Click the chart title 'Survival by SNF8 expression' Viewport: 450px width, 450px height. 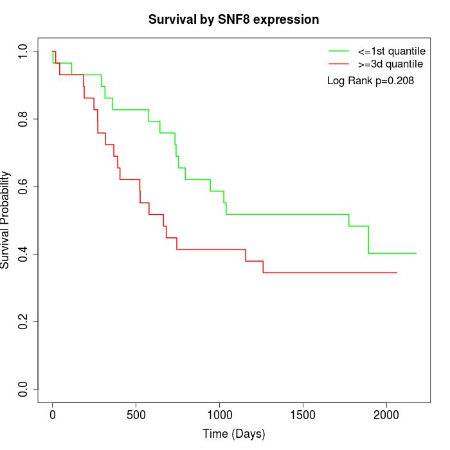tap(233, 19)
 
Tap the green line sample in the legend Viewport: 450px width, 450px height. tap(339, 51)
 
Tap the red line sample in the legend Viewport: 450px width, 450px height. tap(339, 64)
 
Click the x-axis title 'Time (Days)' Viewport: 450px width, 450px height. tap(233, 434)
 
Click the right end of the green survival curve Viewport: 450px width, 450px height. tap(416, 253)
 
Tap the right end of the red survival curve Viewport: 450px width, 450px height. tap(397, 273)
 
